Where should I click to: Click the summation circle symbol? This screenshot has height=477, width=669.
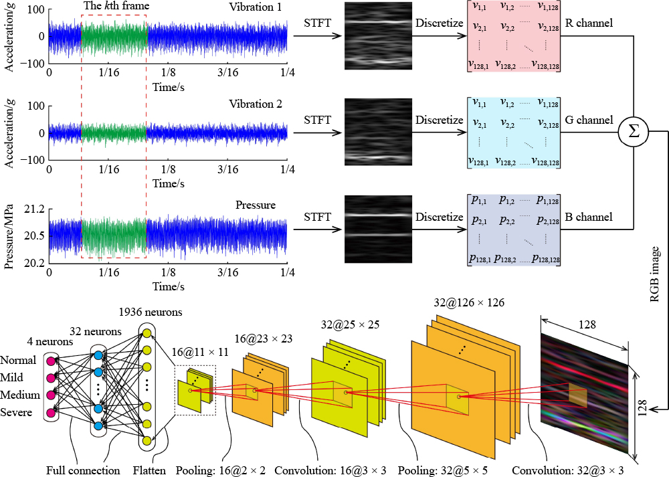pyautogui.click(x=632, y=131)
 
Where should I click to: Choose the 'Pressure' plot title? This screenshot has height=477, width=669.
pyautogui.click(x=255, y=205)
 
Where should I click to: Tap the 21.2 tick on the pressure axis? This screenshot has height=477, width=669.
pyautogui.click(x=35, y=209)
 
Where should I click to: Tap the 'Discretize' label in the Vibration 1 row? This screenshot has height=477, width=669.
pyautogui.click(x=439, y=24)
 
